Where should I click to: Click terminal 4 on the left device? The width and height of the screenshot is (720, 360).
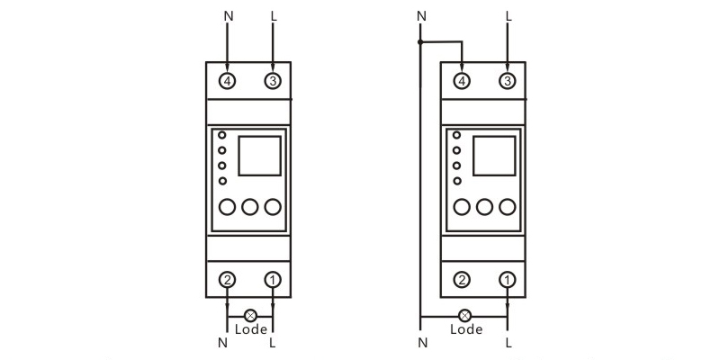pos(228,81)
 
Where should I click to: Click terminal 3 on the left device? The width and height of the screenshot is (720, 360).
pos(273,81)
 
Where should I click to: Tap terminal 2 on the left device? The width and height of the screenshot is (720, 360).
pos(228,280)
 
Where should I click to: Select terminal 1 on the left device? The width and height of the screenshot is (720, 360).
pos(273,280)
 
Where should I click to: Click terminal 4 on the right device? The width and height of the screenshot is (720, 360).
pos(462,81)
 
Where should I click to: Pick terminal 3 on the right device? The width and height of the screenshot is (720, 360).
pos(508,81)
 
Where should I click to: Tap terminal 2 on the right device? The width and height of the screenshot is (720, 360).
pos(462,280)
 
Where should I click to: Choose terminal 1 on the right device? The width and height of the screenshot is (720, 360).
pos(508,280)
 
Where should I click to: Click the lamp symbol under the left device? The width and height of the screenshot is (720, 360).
pos(250,316)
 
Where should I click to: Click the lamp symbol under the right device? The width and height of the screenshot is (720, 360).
pos(465,316)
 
